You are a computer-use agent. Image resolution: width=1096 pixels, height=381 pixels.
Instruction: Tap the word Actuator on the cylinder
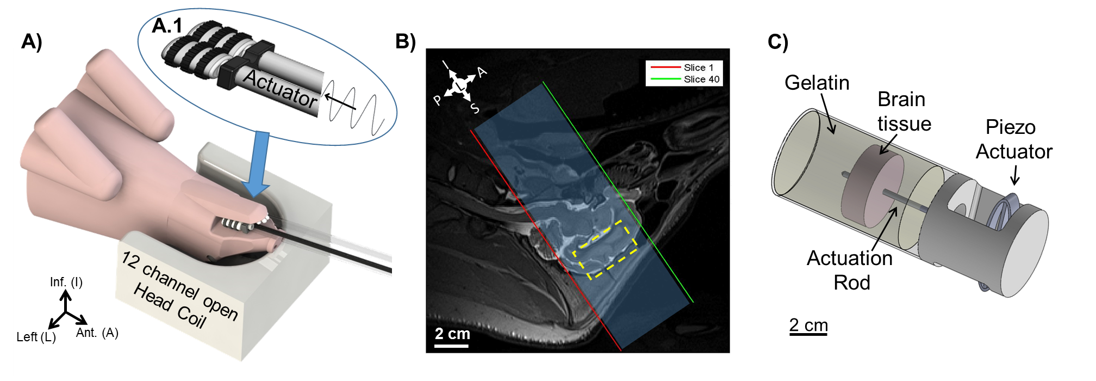click(x=280, y=89)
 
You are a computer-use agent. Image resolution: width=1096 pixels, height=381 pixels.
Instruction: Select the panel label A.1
click(x=167, y=26)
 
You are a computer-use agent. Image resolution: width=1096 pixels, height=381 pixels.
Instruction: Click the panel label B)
click(x=406, y=41)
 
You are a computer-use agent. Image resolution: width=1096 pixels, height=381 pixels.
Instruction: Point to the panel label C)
click(x=778, y=42)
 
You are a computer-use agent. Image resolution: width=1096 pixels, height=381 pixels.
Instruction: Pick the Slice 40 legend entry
click(x=685, y=79)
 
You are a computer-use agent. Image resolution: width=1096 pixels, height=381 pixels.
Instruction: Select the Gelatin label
click(x=817, y=83)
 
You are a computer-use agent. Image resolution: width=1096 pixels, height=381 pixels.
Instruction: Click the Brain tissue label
click(x=904, y=112)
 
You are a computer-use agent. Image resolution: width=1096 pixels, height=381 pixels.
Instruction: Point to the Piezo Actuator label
click(x=1013, y=139)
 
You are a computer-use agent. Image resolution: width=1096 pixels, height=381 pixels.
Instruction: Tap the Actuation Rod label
click(x=850, y=270)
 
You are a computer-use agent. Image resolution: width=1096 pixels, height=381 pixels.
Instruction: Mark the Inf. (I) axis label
click(x=66, y=282)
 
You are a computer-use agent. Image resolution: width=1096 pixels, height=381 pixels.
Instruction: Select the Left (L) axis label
click(x=36, y=337)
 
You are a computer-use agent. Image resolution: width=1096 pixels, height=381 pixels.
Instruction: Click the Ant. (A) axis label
click(x=97, y=333)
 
